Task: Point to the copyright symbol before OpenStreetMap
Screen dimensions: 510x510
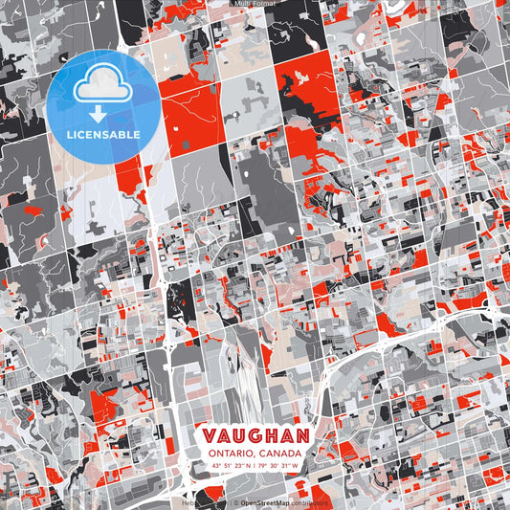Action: [x=235, y=502]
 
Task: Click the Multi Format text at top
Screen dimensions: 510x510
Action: [x=255, y=4]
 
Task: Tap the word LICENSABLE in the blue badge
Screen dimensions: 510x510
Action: [x=101, y=134]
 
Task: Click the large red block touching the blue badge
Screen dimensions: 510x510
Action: [x=191, y=110]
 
